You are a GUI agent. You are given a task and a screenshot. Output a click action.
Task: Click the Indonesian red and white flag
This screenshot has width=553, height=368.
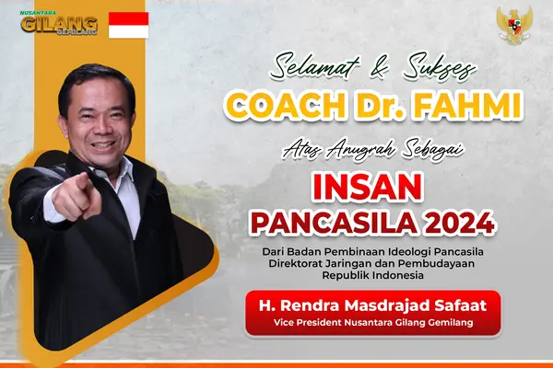click(128, 25)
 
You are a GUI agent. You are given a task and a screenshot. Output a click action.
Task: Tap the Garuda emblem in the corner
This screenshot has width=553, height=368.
click(514, 25)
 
